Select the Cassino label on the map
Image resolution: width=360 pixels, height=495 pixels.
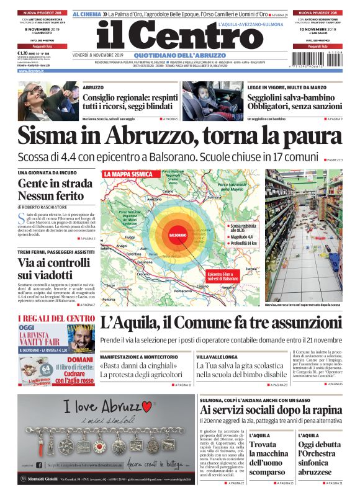tap(202, 285)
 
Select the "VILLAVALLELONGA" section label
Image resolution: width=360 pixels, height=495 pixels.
tap(214, 357)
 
